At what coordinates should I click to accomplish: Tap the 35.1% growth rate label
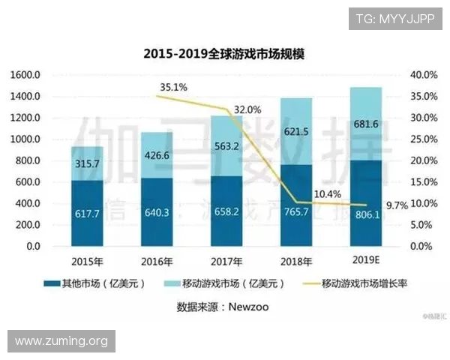174,87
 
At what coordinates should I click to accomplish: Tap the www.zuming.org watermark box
61,341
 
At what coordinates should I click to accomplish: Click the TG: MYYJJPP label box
395,18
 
